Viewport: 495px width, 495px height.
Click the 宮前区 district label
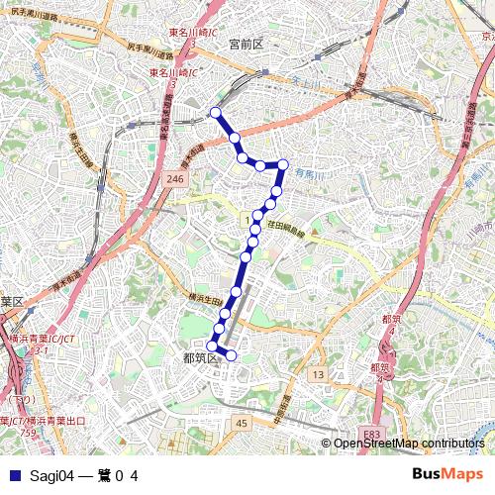click(244, 45)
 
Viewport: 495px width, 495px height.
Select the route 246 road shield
click(175, 178)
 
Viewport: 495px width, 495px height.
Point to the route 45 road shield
click(242, 423)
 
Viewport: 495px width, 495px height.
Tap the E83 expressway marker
click(370, 434)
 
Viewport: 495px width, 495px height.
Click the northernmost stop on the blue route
click(216, 113)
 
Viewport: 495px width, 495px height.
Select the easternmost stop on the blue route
click(283, 164)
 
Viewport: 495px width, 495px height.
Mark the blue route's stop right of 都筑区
click(232, 354)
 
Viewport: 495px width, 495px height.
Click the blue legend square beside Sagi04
click(12, 475)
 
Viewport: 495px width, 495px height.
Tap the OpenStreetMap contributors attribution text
click(409, 443)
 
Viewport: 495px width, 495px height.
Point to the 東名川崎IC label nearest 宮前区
click(173, 72)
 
